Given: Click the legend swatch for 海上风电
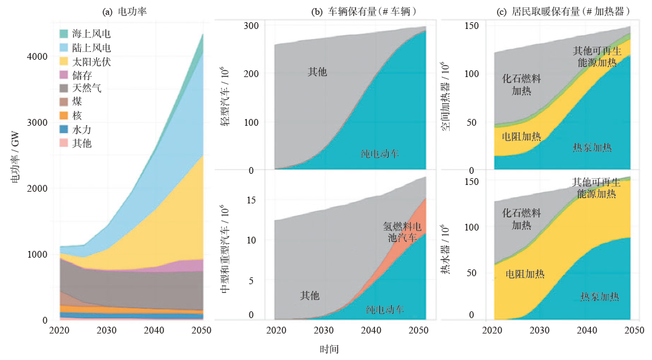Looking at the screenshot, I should pyautogui.click(x=64, y=33).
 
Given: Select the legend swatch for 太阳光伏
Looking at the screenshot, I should pyautogui.click(x=64, y=62).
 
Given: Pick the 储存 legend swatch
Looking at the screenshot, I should pyautogui.click(x=64, y=75).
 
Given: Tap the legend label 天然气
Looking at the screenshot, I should pyautogui.click(x=87, y=89).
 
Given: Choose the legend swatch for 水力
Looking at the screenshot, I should pyautogui.click(x=64, y=129).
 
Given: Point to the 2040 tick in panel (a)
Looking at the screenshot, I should pyautogui.click(x=154, y=330).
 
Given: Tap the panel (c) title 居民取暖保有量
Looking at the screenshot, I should pyautogui.click(x=553, y=10).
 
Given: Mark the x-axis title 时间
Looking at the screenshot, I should pyautogui.click(x=329, y=350).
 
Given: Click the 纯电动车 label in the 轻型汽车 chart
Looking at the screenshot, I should pyautogui.click(x=379, y=153).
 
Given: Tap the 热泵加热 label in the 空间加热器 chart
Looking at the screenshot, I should pyautogui.click(x=592, y=147).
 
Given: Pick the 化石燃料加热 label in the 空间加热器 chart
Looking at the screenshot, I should pyautogui.click(x=521, y=84).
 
